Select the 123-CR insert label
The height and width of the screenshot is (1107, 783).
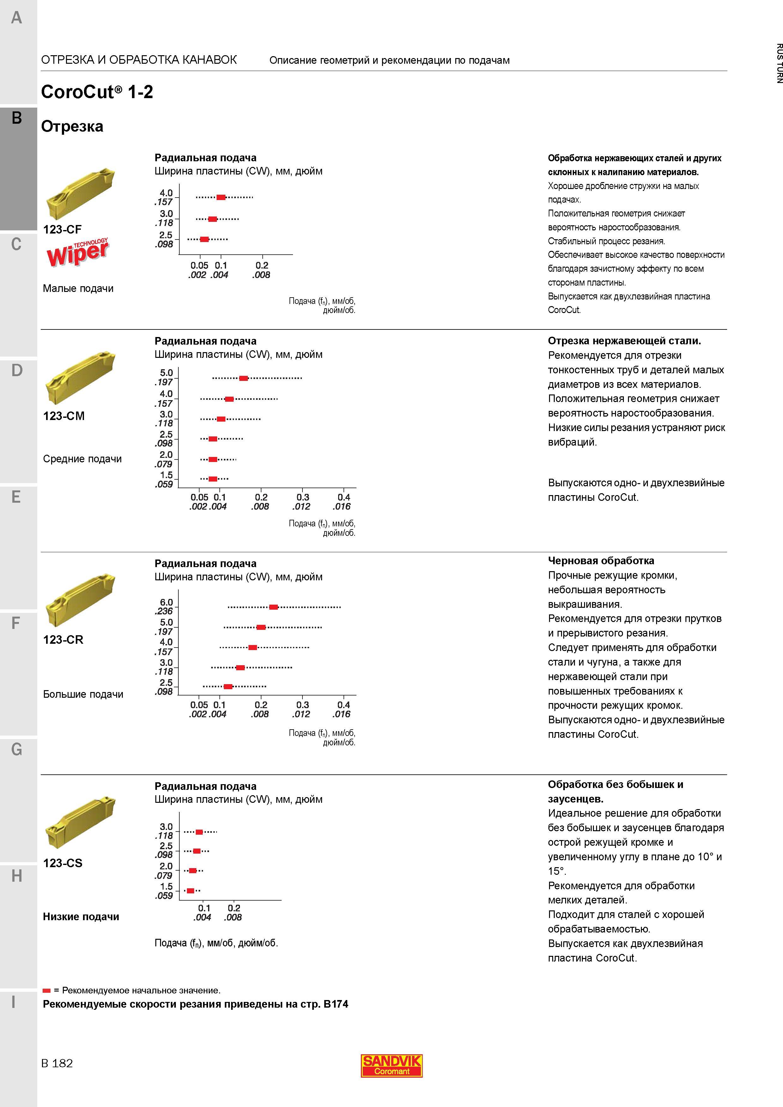coord(63,639)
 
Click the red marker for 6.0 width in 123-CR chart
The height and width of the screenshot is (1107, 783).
coord(273,607)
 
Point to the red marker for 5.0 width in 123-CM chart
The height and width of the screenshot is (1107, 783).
coord(244,378)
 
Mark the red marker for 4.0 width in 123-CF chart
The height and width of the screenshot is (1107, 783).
coord(221,197)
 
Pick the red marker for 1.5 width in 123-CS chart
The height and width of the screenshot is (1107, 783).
coord(191,891)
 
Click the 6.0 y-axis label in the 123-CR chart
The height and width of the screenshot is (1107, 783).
coord(166,602)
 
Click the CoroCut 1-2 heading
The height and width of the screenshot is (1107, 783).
coord(97,92)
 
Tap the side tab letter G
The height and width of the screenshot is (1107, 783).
coord(16,749)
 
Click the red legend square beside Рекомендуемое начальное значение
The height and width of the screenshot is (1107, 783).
coord(47,990)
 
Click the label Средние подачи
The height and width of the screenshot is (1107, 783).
coord(82,459)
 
